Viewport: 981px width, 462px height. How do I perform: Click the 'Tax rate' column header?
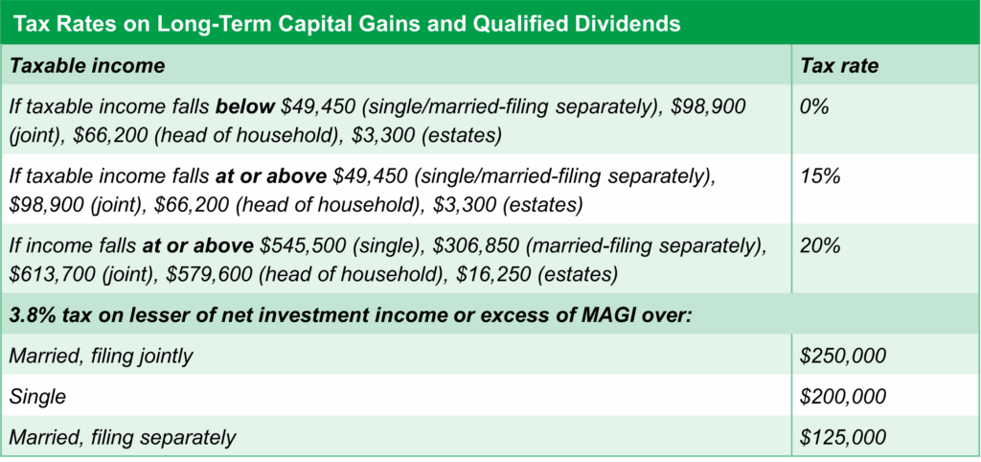(839, 66)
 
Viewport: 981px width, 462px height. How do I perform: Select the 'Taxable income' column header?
(87, 66)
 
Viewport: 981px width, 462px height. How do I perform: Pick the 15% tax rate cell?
(819, 177)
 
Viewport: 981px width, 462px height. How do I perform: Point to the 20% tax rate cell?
(820, 245)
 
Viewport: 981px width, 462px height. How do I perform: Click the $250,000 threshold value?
(843, 357)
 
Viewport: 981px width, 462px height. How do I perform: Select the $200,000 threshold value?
(843, 397)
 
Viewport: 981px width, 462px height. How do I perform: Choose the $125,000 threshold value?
(843, 437)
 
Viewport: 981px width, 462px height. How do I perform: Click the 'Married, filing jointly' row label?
(101, 357)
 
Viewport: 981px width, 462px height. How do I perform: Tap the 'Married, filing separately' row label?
(122, 437)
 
